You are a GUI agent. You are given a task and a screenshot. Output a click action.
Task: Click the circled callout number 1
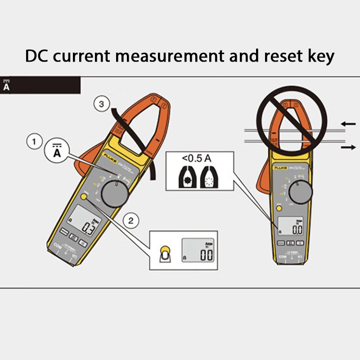click(x=33, y=143)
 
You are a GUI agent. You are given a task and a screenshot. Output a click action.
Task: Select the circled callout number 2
click(x=131, y=220)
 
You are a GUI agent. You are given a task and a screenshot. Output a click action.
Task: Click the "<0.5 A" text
click(x=196, y=158)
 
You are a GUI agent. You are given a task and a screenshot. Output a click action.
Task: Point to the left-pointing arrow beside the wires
click(x=347, y=123)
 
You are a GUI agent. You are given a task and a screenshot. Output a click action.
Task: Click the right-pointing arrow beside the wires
click(x=347, y=147)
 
